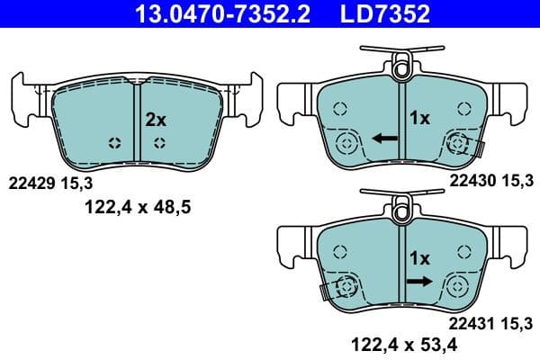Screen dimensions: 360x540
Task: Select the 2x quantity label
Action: pyautogui.click(x=156, y=118)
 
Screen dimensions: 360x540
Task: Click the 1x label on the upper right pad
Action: pyautogui.click(x=419, y=118)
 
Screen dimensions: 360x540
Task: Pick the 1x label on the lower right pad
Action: pyautogui.click(x=419, y=258)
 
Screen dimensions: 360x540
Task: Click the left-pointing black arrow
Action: pyautogui.click(x=385, y=139)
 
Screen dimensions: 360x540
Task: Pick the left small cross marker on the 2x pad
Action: pyautogui.click(x=113, y=142)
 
